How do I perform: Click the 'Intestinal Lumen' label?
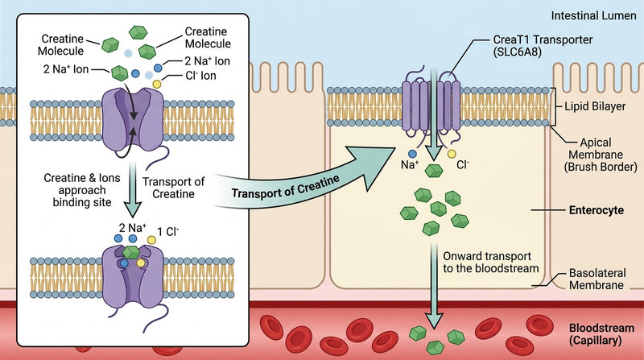[x=593, y=16]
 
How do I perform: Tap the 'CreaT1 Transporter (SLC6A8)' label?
[x=543, y=46]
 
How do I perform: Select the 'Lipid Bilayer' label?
[x=595, y=106]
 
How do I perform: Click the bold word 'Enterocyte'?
[x=597, y=210]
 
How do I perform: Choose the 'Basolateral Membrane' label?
[x=597, y=279]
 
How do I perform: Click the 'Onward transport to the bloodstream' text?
[x=491, y=263]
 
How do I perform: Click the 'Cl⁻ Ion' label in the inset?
[x=200, y=76]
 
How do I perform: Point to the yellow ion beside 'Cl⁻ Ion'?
[x=157, y=84]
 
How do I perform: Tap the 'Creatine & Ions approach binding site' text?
[x=82, y=190]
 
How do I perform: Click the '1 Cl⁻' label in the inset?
[x=168, y=232]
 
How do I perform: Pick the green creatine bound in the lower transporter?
[x=131, y=252]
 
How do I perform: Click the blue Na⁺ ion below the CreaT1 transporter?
[x=412, y=154]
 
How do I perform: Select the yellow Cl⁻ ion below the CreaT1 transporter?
[x=452, y=154]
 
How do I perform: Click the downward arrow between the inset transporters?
[x=132, y=189]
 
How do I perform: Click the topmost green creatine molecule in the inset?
[x=138, y=32]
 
